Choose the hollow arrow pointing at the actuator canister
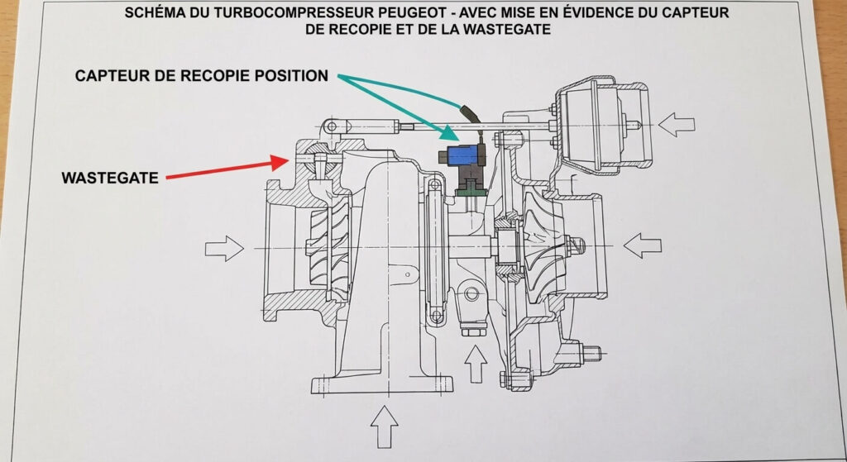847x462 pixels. click(677, 125)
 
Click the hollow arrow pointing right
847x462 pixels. click(224, 248)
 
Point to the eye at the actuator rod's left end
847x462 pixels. click(331, 126)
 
